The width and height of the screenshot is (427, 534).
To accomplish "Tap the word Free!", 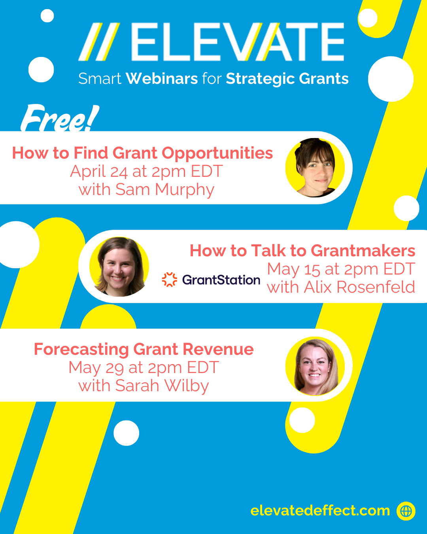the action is coord(60,118).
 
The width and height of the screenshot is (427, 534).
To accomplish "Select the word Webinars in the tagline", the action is coord(162,79).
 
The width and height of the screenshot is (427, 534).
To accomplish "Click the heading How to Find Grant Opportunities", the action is coord(142,153).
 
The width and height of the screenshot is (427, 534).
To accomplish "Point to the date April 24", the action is coord(99,171).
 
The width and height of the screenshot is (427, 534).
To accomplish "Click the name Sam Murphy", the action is coord(165,190).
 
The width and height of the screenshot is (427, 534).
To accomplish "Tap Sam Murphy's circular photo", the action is coord(315,168).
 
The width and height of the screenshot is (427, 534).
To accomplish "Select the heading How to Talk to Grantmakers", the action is coord(302,251).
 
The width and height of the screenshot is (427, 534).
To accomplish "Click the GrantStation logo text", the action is coord(221,280).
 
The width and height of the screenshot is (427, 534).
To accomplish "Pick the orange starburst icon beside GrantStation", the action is coord(170,279).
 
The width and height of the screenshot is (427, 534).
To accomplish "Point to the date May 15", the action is coord(293,269).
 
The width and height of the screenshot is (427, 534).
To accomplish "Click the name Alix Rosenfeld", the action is coord(359,287).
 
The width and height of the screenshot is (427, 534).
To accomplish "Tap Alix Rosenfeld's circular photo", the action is coord(119,267).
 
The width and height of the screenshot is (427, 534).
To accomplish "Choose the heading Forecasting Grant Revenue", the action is coord(144,349).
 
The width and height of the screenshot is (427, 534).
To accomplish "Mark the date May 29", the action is coord(96,368).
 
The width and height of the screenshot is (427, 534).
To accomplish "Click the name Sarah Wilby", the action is coord(162,386).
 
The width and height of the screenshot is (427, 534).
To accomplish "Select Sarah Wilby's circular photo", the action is coord(315,366).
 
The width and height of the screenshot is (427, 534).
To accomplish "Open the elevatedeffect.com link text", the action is coord(320,511).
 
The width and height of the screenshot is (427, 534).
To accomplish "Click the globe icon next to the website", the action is coord(406,511).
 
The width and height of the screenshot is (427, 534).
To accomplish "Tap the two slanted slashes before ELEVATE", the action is coord(99,42).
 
